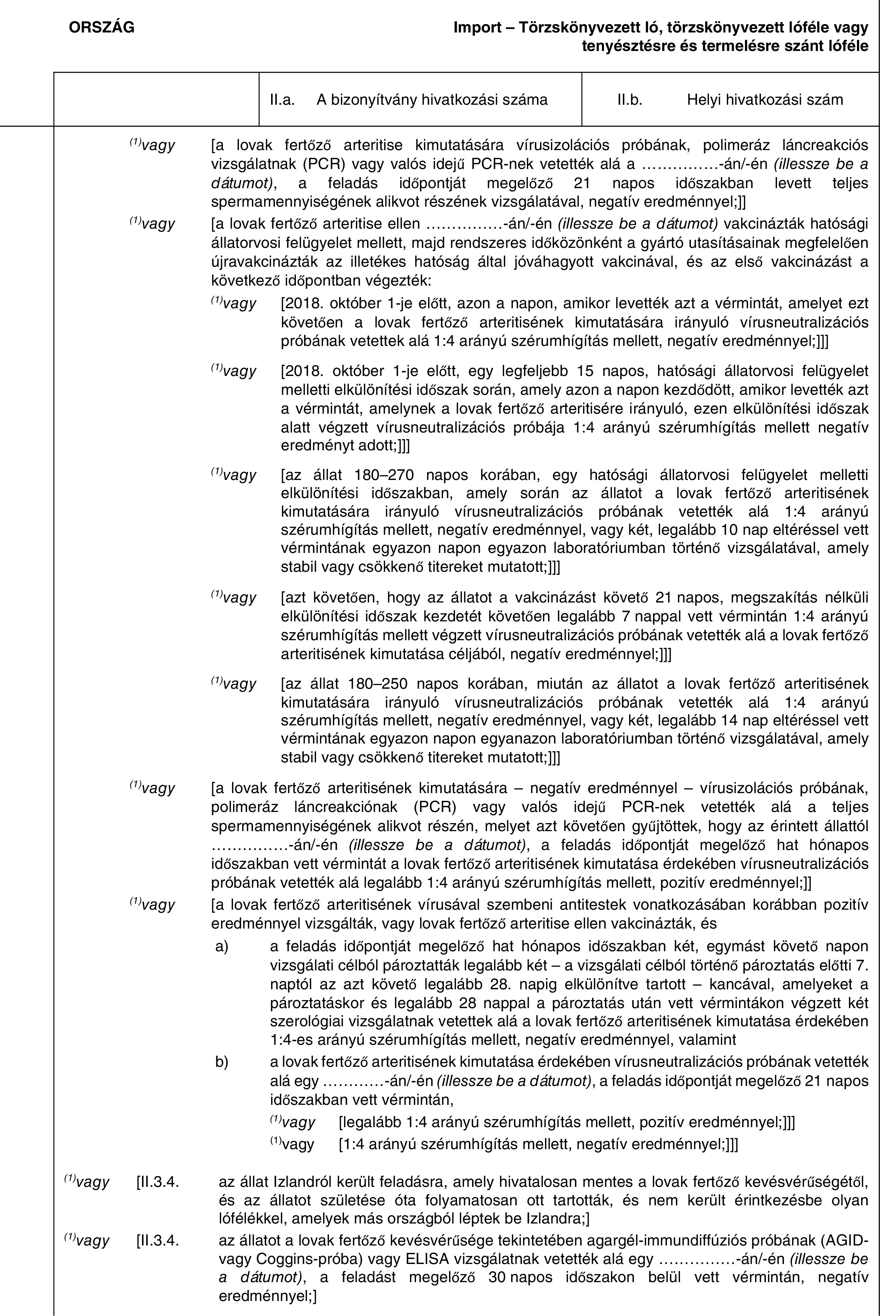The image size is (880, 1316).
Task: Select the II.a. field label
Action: point(282,100)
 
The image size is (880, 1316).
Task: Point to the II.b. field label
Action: point(630,100)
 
